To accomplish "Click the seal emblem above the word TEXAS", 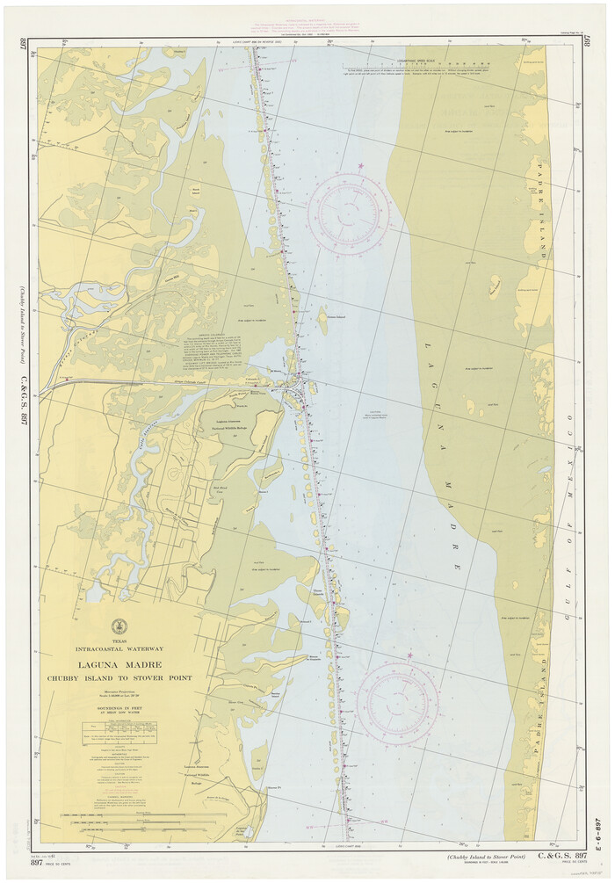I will pyautogui.click(x=119, y=626).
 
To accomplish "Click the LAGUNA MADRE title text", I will pyautogui.click(x=119, y=665).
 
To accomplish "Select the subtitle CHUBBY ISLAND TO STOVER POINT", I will pyautogui.click(x=119, y=678).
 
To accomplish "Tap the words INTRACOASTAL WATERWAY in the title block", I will pyautogui.click(x=119, y=649).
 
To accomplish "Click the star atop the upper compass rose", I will pyautogui.click(x=360, y=166).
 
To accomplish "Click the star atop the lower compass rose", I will pyautogui.click(x=409, y=655).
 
